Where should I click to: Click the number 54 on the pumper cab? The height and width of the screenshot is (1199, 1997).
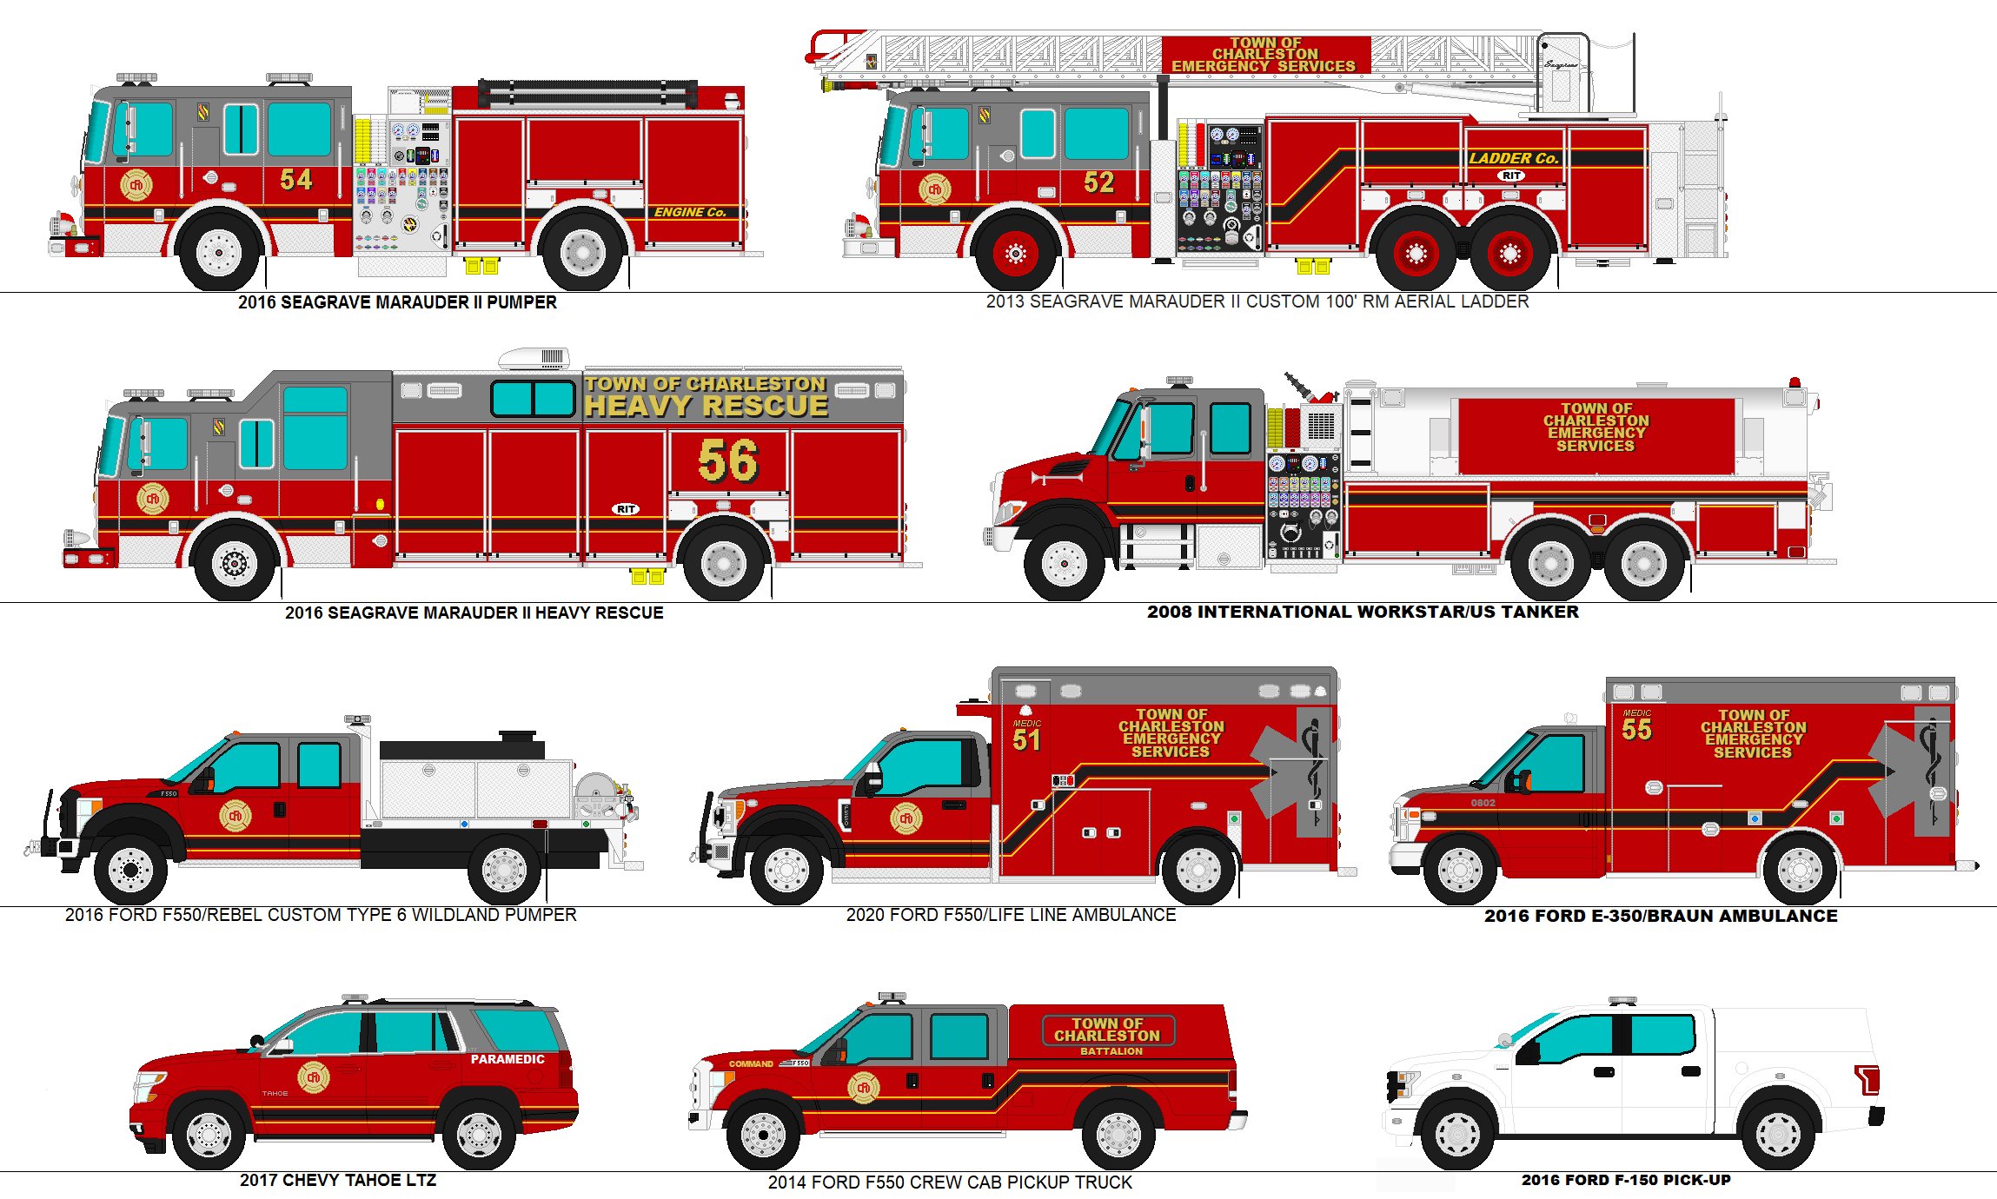tap(295, 179)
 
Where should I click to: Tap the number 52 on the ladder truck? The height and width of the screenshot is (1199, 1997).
tap(1098, 182)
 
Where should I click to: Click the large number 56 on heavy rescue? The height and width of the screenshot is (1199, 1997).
tap(727, 460)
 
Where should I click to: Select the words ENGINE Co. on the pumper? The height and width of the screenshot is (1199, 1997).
tap(689, 212)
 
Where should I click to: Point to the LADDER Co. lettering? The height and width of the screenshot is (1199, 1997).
tap(1513, 158)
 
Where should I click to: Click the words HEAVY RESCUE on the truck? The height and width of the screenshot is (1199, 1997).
tap(706, 406)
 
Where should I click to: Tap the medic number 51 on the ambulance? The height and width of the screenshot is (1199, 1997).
tap(1026, 739)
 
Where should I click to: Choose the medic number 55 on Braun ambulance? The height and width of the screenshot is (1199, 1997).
tap(1636, 729)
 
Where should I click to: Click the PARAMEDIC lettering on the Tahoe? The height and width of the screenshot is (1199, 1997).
tap(508, 1059)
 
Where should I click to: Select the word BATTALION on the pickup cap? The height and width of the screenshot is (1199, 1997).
tap(1111, 1051)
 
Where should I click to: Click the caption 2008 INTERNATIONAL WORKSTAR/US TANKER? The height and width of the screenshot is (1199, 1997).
tap(1362, 612)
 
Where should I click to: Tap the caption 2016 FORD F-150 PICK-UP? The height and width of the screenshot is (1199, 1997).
tap(1625, 1180)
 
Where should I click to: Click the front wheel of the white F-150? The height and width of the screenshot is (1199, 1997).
tap(1457, 1134)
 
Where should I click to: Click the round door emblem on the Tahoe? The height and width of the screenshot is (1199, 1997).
tap(314, 1077)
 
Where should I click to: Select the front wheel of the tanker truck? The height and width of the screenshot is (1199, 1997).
tap(1064, 565)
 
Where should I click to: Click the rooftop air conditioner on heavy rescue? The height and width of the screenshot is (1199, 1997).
tap(534, 357)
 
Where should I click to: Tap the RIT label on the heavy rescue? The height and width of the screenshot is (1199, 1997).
tap(626, 509)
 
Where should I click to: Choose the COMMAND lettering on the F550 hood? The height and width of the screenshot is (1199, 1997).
tap(751, 1063)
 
